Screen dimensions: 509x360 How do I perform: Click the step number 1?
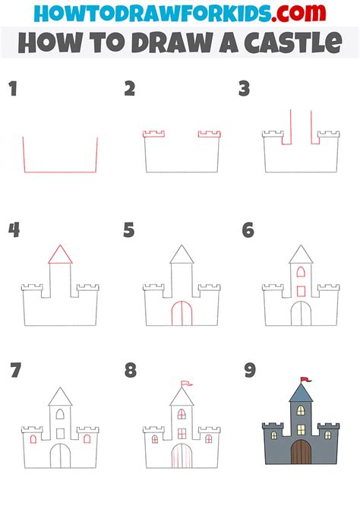[x=12, y=90]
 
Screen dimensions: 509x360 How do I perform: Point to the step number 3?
[x=244, y=90]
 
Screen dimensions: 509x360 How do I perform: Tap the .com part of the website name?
[x=305, y=14]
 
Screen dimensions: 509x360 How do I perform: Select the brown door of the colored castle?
[x=301, y=451]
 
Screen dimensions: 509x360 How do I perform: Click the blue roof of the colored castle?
[x=300, y=393]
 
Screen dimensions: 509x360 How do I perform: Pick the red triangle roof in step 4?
[x=60, y=254]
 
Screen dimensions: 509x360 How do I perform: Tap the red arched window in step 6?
[x=300, y=271]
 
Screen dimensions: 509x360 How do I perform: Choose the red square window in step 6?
[x=300, y=290]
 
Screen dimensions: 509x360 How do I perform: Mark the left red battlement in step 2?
[x=154, y=134]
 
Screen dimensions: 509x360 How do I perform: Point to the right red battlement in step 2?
[x=209, y=134]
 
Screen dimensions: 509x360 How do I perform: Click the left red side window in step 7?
[x=33, y=439]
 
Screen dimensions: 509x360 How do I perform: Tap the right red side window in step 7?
[x=87, y=439]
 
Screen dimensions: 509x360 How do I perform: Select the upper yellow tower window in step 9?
[x=300, y=411]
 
